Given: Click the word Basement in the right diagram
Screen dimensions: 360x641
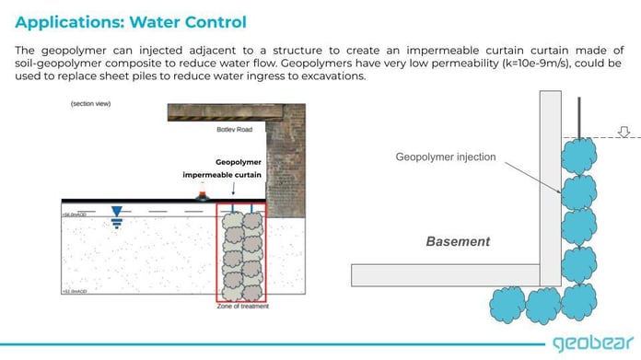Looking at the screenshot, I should click(x=458, y=241).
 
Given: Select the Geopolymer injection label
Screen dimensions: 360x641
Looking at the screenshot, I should click(x=446, y=157).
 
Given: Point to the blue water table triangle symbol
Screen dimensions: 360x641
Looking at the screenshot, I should click(x=117, y=212).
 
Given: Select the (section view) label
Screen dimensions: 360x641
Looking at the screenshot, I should click(x=89, y=104).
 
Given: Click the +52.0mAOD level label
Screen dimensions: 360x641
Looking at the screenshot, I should click(x=75, y=292).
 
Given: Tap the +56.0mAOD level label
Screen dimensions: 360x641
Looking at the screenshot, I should click(x=75, y=213).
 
